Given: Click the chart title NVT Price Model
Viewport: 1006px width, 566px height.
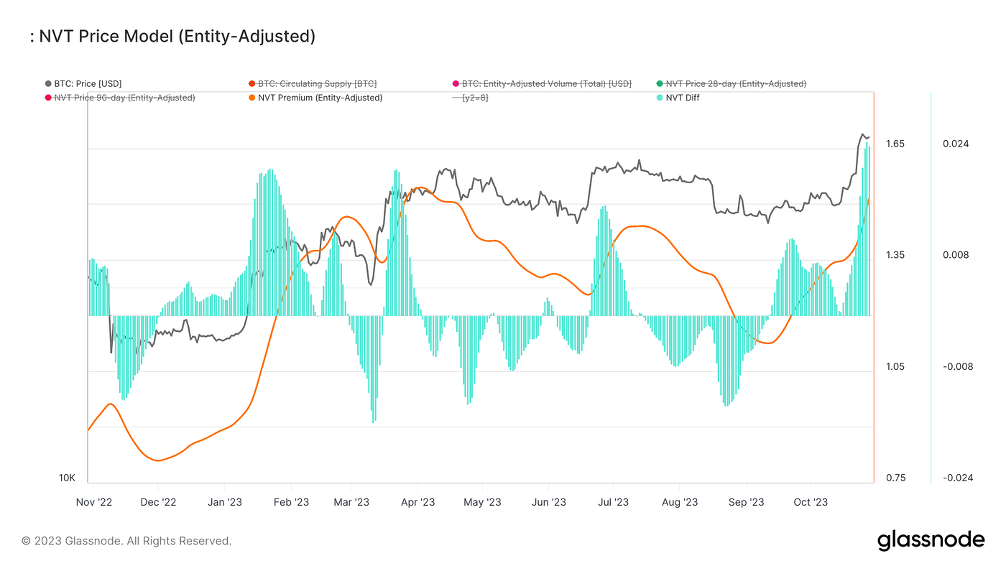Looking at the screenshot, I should [172, 36].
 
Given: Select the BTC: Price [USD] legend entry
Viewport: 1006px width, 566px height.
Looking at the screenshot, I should [88, 84].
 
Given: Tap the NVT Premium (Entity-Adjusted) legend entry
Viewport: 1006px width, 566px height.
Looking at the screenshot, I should [320, 98].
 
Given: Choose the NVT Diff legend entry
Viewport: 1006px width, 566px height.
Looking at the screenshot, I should [682, 98].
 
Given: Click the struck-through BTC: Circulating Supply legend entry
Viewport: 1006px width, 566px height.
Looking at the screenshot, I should [317, 84].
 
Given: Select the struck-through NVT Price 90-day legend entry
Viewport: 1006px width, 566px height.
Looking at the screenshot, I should [124, 98].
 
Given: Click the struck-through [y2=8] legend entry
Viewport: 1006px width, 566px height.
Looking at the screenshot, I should [474, 98].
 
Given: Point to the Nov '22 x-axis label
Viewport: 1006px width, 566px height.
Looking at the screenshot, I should [94, 502].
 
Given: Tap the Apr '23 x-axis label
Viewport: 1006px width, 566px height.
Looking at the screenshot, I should [418, 502].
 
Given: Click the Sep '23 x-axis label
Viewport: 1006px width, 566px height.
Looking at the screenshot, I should [747, 502].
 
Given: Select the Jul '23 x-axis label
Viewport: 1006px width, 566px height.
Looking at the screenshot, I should [613, 502].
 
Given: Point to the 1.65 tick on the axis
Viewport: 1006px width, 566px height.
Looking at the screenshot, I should [895, 144].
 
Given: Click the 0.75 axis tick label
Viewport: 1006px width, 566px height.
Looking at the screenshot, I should [895, 478].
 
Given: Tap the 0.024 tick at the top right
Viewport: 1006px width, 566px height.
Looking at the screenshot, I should [956, 144].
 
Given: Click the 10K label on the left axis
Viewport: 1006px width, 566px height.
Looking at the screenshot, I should [67, 478].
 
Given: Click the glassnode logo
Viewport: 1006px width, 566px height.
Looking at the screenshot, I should [931, 540].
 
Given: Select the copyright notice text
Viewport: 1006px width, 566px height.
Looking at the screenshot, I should [126, 541].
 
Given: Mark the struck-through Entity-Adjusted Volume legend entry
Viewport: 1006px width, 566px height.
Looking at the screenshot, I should [546, 84].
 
